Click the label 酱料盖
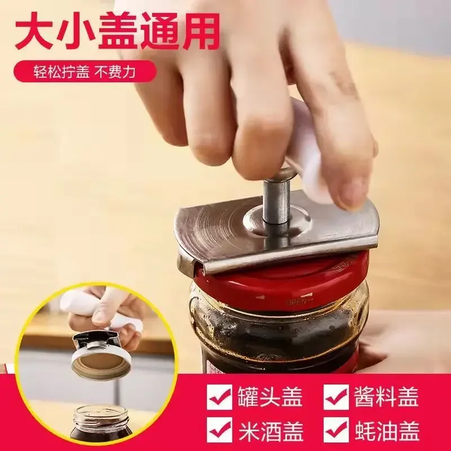386,397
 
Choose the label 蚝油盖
386,431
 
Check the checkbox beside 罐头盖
220,398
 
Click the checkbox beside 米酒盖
220,432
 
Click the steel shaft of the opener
276,197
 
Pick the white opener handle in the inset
85,304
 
